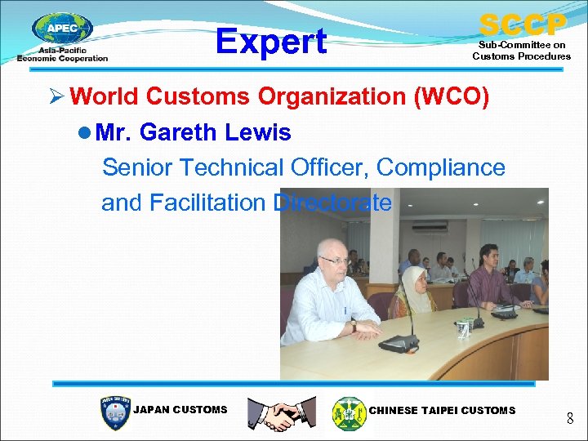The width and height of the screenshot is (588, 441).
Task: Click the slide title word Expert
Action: [x=270, y=42]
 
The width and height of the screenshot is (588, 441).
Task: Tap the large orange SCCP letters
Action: [x=522, y=24]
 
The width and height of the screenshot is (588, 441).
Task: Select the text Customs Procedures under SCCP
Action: [x=522, y=56]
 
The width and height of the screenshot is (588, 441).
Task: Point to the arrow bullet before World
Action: [x=55, y=97]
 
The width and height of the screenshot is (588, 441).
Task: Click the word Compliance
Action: [x=442, y=167]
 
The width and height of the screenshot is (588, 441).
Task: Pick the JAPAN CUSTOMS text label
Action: [x=180, y=410]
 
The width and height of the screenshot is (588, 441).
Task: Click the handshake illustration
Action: [x=282, y=413]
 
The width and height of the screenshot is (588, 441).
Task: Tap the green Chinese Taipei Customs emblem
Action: [x=349, y=413]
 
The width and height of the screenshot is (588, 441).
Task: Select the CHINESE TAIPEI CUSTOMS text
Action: [x=443, y=410]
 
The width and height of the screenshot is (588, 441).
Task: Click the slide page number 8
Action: [x=569, y=420]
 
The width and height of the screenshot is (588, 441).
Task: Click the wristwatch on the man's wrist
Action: [x=353, y=326]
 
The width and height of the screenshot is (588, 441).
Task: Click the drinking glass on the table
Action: [x=463, y=329]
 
